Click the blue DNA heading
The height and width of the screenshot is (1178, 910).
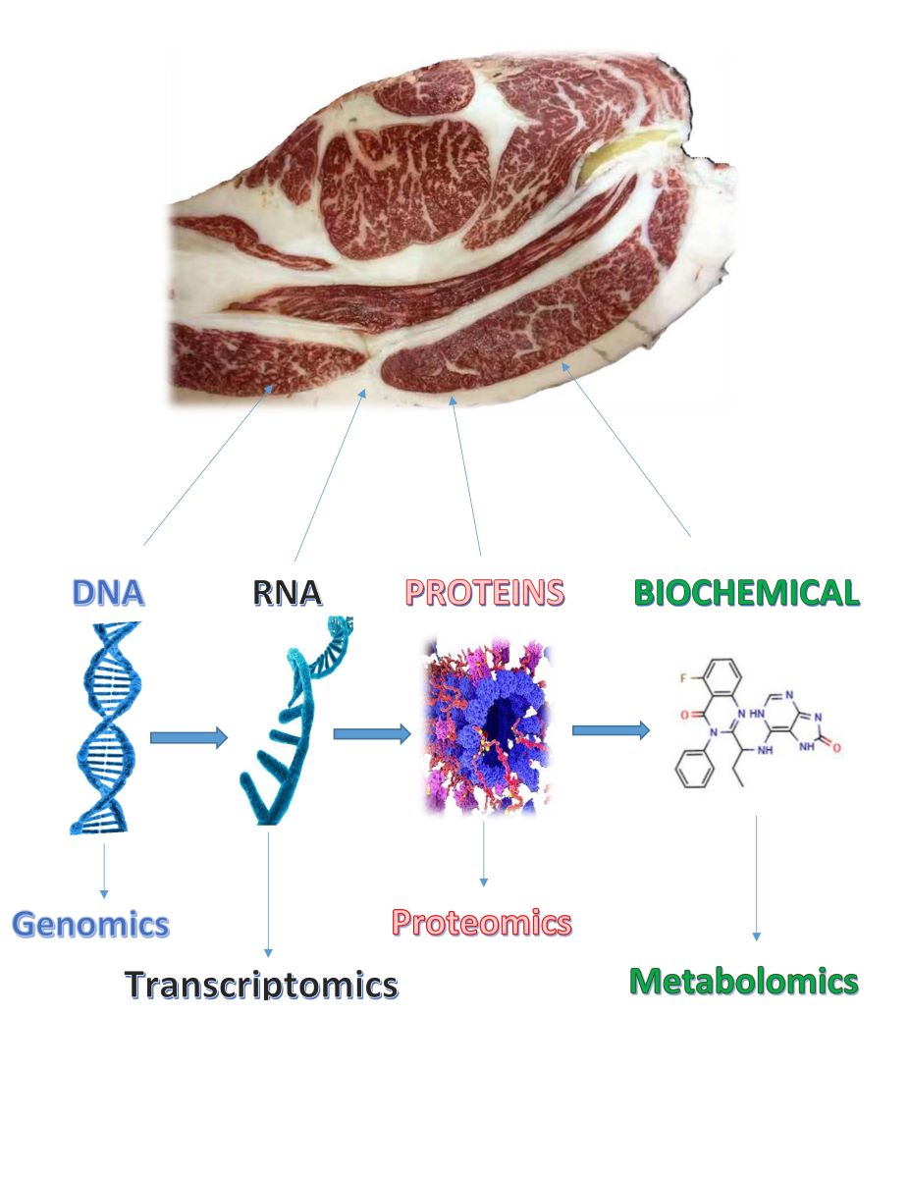tap(108, 593)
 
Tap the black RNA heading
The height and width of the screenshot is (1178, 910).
tap(288, 593)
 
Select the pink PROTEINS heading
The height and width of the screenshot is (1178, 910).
tap(485, 593)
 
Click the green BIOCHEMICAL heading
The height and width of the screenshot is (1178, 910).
tap(746, 593)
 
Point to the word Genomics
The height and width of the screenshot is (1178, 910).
tap(90, 924)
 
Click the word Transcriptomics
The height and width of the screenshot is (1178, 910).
tap(261, 984)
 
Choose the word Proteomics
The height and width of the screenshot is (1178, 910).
tap(481, 922)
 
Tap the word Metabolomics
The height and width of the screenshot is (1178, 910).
tap(743, 980)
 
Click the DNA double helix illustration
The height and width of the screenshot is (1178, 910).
tap(105, 726)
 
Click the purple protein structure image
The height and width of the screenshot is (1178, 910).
tap(485, 726)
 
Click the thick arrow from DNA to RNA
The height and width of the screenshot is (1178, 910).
tap(187, 737)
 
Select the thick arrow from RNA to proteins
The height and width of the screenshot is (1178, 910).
tap(371, 733)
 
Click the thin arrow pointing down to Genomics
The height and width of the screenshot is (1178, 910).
tap(103, 868)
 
